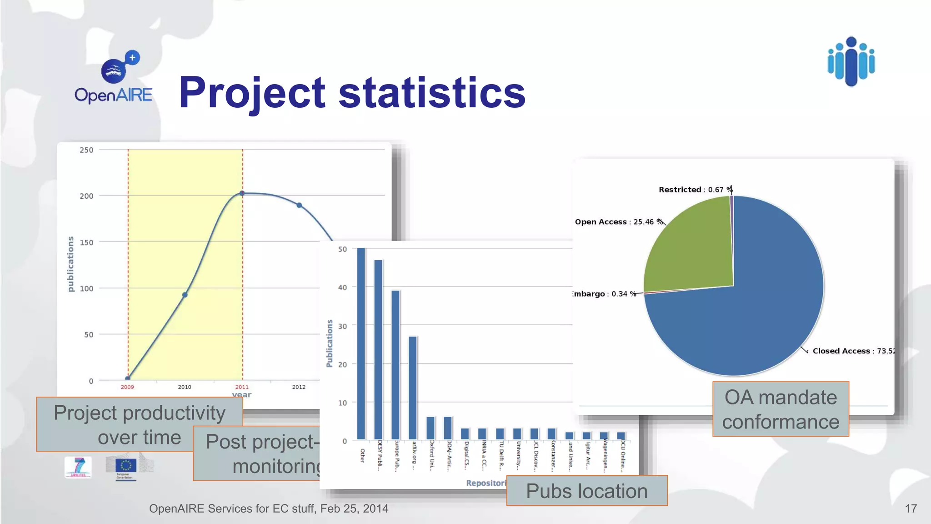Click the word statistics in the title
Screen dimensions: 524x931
(432, 93)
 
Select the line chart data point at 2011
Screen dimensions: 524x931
(242, 193)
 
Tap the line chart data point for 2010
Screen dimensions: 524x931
(185, 295)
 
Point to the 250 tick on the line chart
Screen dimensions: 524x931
(86, 150)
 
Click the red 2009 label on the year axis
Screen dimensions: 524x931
(127, 387)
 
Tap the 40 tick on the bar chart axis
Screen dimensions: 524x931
(342, 287)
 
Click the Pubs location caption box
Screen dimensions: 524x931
(587, 491)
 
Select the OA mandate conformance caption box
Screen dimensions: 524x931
(781, 409)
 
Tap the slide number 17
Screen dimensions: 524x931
(911, 509)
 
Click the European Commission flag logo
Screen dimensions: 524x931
(126, 466)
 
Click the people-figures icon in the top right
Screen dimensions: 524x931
(851, 61)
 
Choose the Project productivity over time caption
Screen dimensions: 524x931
(139, 425)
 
